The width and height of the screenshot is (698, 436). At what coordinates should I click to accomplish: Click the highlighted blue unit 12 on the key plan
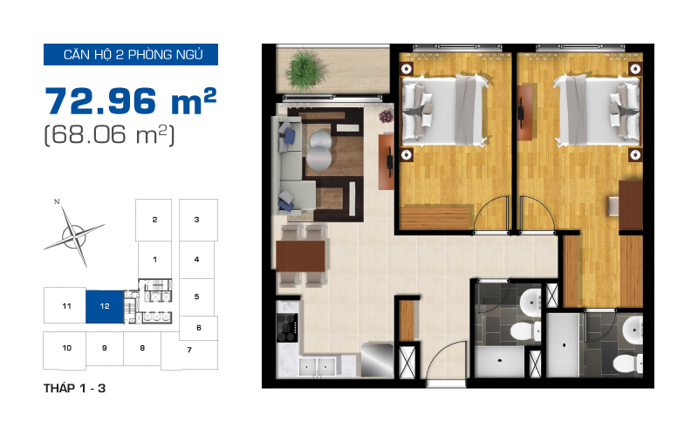105,307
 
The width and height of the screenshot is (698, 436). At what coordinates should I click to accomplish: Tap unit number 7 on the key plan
189,350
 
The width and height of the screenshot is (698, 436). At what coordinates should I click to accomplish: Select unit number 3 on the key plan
197,220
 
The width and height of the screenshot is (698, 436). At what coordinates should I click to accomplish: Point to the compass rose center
74,234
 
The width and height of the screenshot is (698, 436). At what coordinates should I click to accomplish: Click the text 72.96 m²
130,101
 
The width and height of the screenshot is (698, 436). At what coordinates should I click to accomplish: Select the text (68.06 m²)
110,135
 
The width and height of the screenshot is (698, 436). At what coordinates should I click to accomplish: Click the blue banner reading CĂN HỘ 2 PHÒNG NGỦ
131,54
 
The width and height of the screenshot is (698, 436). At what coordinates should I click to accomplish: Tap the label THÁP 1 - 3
74,388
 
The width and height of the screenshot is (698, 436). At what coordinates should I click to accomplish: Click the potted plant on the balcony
306,70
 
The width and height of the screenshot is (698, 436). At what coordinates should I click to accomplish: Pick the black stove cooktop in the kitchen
287,328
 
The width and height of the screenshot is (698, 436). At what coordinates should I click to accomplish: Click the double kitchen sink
317,366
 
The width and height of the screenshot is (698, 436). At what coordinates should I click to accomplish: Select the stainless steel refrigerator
377,359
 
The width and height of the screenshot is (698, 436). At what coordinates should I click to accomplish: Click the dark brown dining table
300,256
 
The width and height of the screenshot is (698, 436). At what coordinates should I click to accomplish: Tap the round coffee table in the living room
318,150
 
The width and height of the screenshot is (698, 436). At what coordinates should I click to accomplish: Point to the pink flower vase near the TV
386,117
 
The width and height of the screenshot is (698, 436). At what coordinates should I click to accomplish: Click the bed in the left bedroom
444,110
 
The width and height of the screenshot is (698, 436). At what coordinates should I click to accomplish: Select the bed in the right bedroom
597,110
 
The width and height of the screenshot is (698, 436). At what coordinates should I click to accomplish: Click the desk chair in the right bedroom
614,207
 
